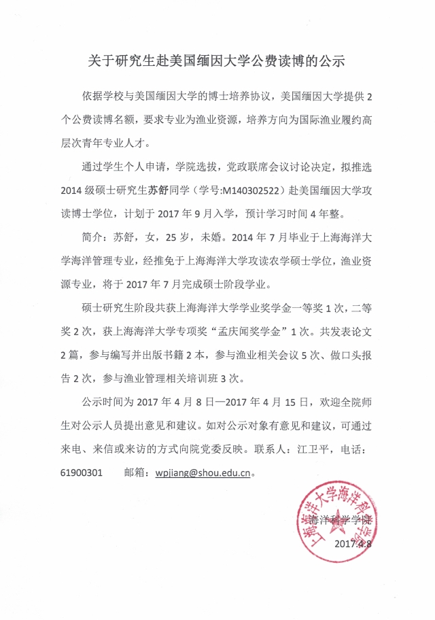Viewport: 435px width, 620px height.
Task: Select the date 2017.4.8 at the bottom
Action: point(353,544)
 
